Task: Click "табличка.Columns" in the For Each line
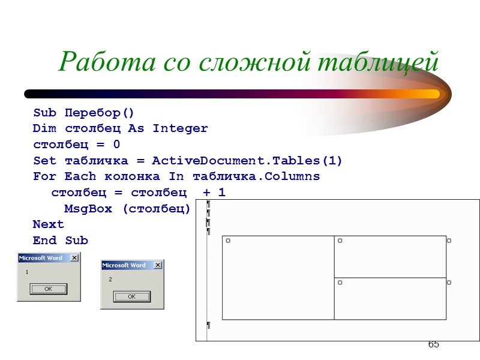coord(256,176)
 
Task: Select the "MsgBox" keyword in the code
coord(87,209)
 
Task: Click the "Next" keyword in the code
coord(48,224)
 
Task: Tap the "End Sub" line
coord(60,241)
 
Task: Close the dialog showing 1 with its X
coord(74,258)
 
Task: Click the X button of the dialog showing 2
coord(158,265)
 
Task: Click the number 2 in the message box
coord(110,280)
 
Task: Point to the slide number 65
coord(433,344)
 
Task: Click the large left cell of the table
coord(278,278)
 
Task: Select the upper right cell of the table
coord(390,256)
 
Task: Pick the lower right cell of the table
coord(390,299)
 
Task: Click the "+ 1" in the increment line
coord(214,193)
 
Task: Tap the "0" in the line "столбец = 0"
coord(116,145)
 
